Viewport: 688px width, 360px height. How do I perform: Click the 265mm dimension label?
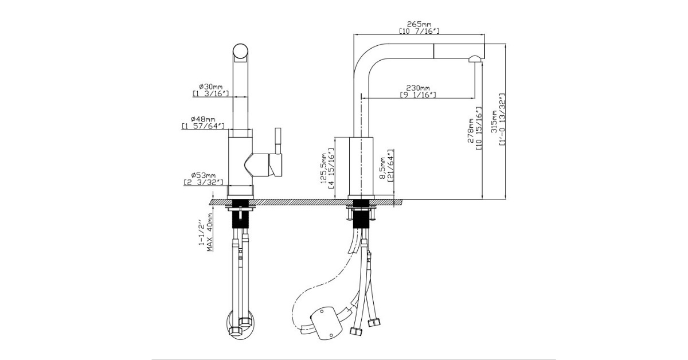(x=419, y=24)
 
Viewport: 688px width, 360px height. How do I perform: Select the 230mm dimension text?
(x=418, y=88)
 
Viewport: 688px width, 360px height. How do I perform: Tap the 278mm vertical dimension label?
(x=470, y=131)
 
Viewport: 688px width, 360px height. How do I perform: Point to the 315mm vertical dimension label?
(x=494, y=122)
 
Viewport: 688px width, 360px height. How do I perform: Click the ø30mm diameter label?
(x=211, y=87)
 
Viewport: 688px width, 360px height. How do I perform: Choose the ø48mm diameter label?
(x=203, y=119)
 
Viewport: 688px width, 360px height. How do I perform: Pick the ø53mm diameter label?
(x=204, y=175)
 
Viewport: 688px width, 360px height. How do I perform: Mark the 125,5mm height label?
(x=324, y=169)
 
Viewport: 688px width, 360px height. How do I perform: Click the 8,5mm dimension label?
(x=382, y=168)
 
